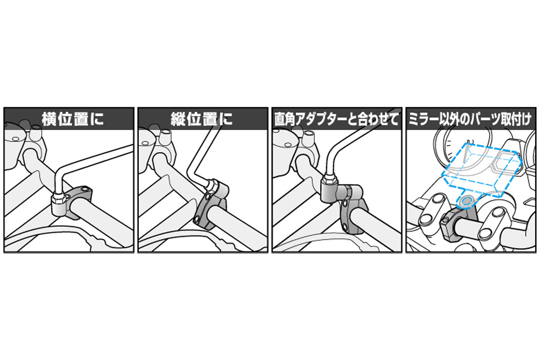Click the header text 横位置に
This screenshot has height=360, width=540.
(73, 119)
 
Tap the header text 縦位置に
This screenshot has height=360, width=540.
(202, 119)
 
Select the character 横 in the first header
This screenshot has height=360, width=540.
(49, 119)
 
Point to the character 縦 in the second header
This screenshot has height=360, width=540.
(178, 119)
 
